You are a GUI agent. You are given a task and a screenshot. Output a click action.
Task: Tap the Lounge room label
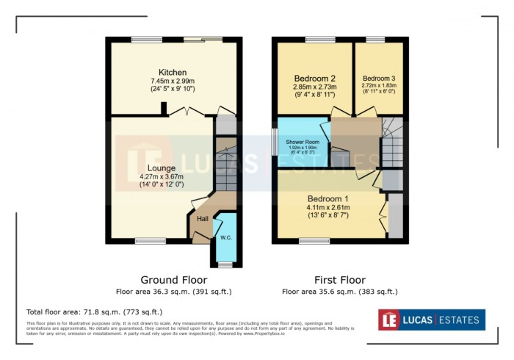pos(161,168)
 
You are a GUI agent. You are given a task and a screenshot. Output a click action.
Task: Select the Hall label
pos(202,218)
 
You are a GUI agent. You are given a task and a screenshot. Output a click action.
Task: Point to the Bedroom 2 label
pos(315,78)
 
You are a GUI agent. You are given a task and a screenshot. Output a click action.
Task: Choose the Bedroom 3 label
pos(378,78)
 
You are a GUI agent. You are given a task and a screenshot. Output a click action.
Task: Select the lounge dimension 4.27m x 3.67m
pos(161,176)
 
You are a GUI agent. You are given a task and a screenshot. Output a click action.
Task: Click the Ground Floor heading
pos(173,280)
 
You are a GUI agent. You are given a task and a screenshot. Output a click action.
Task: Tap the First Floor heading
pos(339,280)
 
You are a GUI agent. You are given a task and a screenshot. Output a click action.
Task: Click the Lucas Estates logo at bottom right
pos(431,320)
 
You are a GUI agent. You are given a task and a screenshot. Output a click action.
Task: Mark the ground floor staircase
pos(227,168)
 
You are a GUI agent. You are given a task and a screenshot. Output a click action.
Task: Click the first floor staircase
pos(392,144)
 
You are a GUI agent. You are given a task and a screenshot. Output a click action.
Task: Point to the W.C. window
pos(225,264)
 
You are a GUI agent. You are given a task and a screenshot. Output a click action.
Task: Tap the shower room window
pos(274,141)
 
